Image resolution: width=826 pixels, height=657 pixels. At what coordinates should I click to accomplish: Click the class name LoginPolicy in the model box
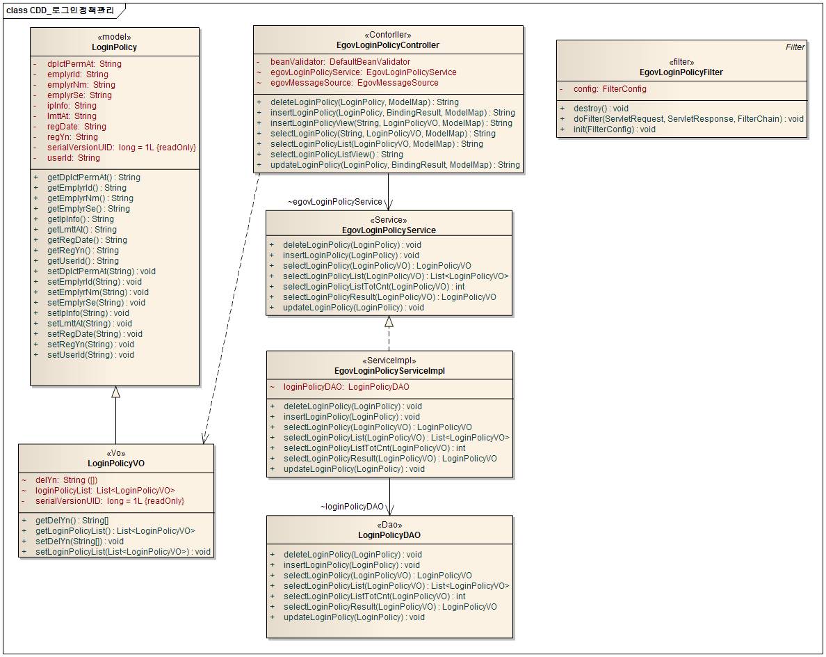tap(114, 47)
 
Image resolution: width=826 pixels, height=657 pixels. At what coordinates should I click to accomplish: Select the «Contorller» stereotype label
tap(387, 35)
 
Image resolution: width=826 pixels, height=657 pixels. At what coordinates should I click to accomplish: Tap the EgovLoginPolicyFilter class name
tap(681, 72)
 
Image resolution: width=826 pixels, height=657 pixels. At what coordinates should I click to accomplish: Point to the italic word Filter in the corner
tap(795, 47)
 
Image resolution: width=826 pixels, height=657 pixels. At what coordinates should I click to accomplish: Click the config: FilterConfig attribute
tap(610, 89)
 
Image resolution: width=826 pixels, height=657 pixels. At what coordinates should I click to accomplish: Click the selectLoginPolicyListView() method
tap(337, 155)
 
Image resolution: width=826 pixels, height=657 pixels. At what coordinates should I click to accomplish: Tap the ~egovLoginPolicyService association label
tap(335, 202)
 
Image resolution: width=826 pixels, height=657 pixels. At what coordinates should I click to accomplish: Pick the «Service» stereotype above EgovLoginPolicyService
tap(389, 220)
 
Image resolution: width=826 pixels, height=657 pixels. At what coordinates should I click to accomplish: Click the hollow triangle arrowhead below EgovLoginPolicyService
tap(389, 322)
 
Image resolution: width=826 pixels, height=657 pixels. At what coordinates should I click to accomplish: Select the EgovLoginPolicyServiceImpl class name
tap(389, 371)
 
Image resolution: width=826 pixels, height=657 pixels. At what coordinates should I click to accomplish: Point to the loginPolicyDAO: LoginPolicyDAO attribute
tap(346, 387)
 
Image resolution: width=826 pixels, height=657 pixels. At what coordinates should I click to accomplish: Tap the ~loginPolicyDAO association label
tap(352, 507)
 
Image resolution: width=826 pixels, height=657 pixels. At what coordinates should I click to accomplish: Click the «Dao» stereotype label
tap(389, 525)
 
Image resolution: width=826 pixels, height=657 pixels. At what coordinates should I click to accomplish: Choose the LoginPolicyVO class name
tap(116, 463)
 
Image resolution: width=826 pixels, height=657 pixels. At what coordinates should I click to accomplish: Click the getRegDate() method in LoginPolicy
tap(87, 240)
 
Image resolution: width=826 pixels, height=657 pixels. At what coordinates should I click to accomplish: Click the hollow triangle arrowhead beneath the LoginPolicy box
tap(115, 392)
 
